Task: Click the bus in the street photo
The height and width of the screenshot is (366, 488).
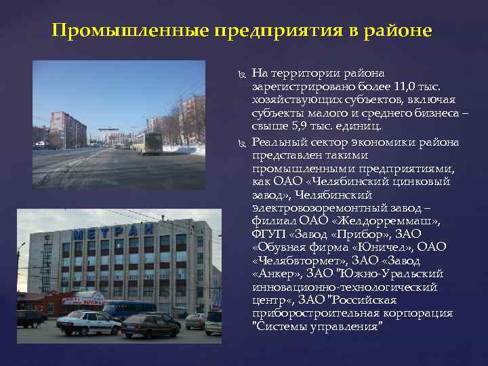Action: point(148,142)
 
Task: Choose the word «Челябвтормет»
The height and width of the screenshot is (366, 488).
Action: point(294,260)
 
